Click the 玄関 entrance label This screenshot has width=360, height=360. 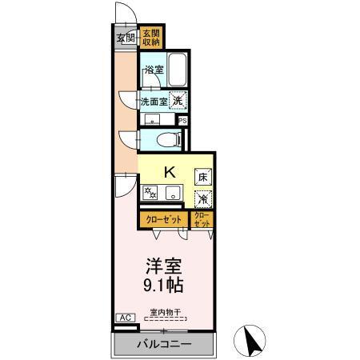125,38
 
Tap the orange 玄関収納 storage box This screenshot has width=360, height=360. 151,38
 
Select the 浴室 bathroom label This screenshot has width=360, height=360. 153,71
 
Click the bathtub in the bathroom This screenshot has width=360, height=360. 178,71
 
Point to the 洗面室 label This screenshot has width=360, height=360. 154,102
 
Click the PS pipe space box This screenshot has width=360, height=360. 183,121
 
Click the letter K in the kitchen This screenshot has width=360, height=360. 170,171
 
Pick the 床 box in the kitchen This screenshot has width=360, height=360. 203,175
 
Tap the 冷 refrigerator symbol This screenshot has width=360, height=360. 203,194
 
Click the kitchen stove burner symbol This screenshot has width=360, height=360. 150,193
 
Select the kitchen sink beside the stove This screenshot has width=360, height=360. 170,193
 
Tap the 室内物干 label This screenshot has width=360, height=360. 165,311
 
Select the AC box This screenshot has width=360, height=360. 125,318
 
